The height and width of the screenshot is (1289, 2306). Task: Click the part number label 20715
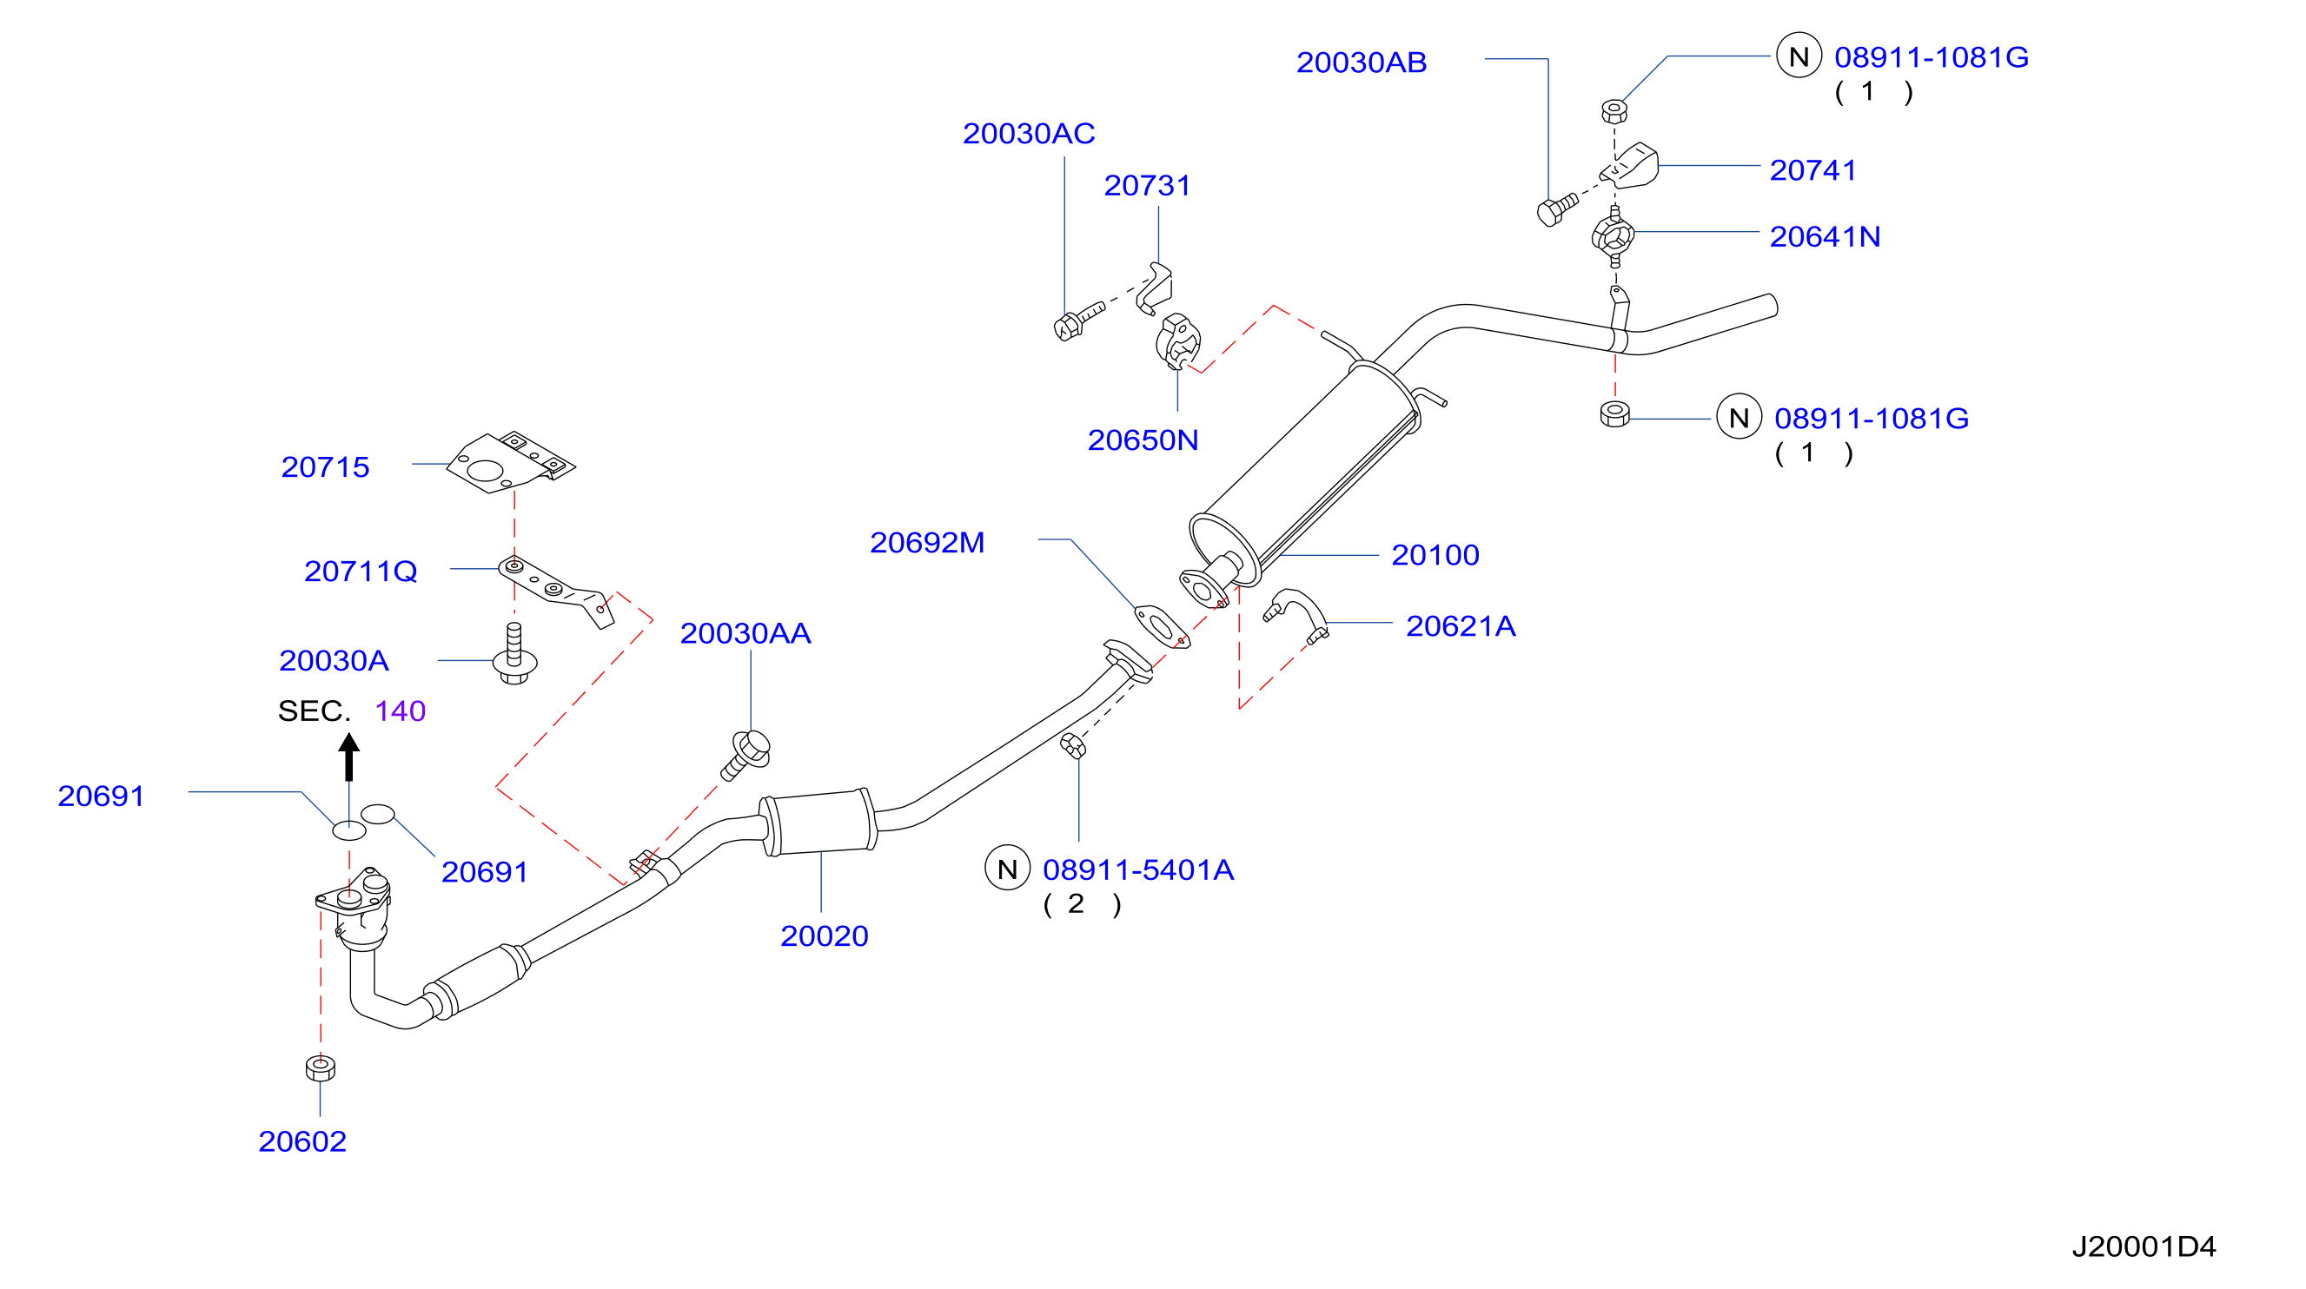(325, 467)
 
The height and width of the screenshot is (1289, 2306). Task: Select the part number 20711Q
(361, 571)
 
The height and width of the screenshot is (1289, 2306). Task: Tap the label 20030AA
(745, 634)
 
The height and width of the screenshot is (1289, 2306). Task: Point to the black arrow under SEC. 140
(349, 757)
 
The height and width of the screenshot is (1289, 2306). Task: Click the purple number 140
(401, 711)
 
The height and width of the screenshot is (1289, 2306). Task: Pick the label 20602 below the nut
(302, 1142)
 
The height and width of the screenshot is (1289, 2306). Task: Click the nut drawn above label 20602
(321, 1068)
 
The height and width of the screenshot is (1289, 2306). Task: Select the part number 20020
(825, 936)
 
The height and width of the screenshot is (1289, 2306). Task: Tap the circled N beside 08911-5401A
(1007, 869)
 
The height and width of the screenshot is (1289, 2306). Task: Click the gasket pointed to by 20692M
(1162, 626)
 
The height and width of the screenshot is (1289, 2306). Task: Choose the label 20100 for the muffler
(1435, 555)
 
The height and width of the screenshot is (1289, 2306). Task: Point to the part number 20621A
(1461, 626)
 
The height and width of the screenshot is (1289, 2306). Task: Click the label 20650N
(1143, 440)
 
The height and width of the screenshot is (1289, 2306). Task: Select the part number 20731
(1148, 186)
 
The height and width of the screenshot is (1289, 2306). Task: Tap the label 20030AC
(1029, 135)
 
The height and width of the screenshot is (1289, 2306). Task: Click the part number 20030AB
(1362, 63)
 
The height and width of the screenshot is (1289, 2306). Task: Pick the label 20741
(1812, 170)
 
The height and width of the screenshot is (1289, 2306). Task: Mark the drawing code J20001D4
(2144, 1247)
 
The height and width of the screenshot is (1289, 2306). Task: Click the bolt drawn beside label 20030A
(514, 654)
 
